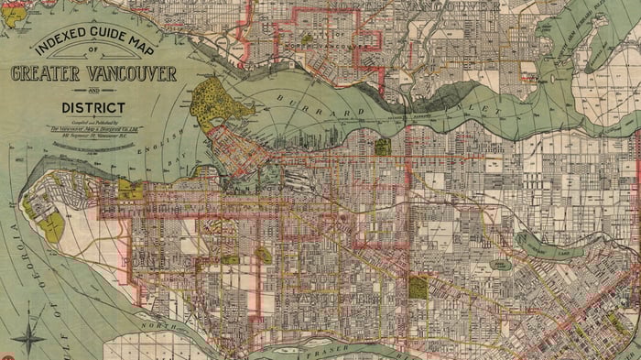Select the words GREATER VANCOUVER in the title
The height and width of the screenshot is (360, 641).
[93, 74]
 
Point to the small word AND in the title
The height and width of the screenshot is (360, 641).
[93, 92]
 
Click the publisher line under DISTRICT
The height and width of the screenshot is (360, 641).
[93, 128]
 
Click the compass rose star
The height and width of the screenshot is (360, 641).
[28, 334]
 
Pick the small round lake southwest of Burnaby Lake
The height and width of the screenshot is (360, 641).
[499, 265]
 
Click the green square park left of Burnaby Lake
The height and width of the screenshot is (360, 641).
[418, 288]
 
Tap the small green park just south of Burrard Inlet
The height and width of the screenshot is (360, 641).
[382, 145]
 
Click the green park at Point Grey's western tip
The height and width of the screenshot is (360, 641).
[53, 226]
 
